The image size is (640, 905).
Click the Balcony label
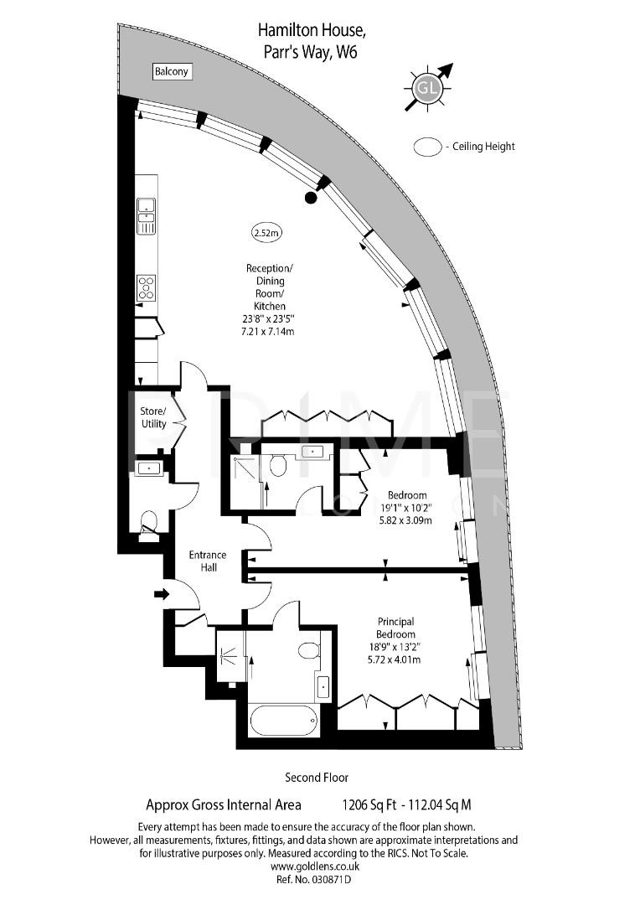172,72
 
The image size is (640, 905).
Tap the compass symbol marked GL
427,87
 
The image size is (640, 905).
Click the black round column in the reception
311,198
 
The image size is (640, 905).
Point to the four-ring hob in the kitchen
147,287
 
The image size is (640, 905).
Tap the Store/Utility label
154,417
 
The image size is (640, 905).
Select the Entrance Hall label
207,561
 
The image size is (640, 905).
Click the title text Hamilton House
312,31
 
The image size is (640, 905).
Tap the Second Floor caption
317,778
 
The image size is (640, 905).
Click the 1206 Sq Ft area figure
369,805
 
